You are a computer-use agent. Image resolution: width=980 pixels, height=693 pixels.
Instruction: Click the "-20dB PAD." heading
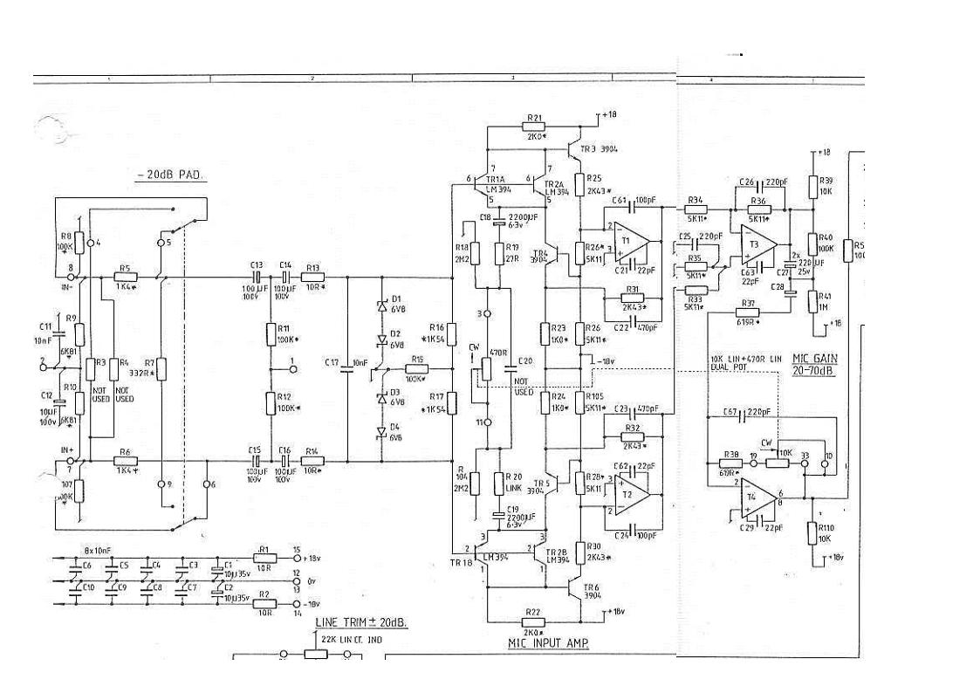[x=170, y=175]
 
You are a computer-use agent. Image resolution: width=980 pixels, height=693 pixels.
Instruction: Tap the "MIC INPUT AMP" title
[x=548, y=643]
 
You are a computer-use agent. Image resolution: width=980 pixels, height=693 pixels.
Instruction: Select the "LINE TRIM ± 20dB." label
[x=360, y=623]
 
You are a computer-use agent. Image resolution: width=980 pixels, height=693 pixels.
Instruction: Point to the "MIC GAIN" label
[x=813, y=358]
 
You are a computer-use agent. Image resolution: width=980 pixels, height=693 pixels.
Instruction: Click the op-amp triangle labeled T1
[x=627, y=242]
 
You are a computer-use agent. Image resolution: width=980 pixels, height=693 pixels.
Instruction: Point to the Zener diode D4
[x=381, y=432]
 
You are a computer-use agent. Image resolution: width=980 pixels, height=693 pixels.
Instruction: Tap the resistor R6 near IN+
[x=126, y=460]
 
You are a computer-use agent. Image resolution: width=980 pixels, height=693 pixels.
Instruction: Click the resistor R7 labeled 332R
[x=161, y=370]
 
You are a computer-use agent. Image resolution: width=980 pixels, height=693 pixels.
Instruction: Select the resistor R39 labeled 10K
[x=812, y=186]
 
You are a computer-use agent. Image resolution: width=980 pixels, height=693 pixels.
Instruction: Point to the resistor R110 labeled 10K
[x=812, y=532]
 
